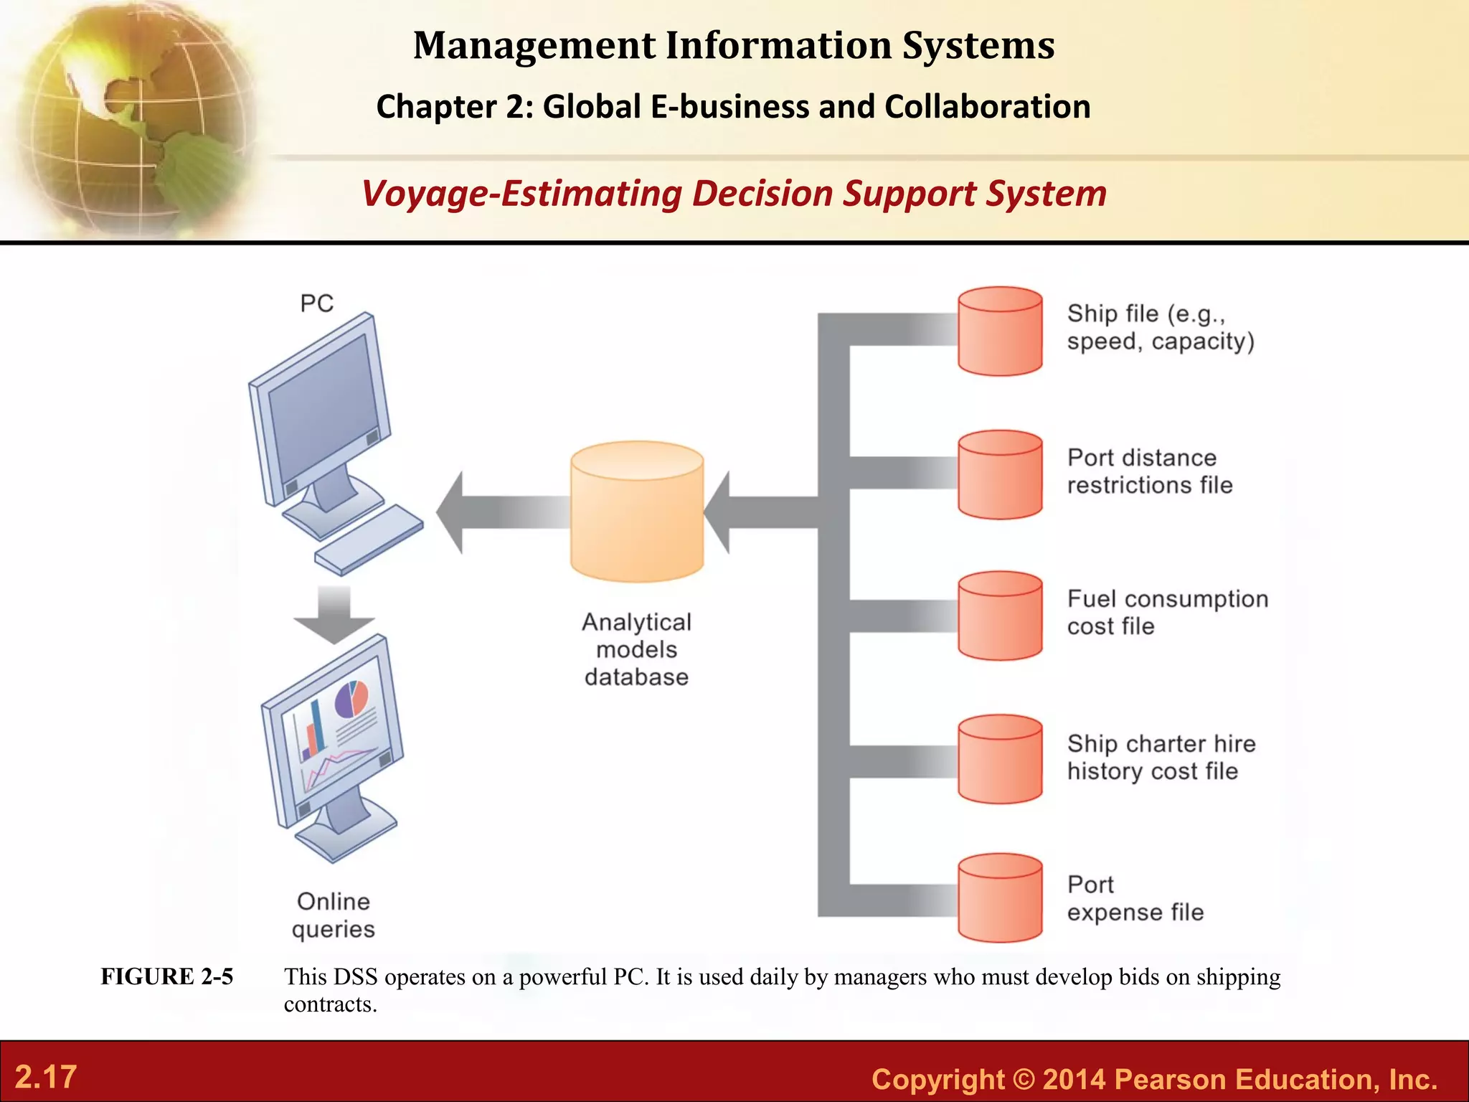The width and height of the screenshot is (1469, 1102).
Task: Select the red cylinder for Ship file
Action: [1000, 331]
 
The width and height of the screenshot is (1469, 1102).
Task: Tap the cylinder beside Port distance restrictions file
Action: [1000, 474]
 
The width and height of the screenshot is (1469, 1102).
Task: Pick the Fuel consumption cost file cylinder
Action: [1000, 616]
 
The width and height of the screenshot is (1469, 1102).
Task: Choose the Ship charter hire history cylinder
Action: [1000, 759]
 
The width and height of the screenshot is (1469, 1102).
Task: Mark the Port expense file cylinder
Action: [1000, 898]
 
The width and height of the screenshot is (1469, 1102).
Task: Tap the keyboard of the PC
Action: [369, 540]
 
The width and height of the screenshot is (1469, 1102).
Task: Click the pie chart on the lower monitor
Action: [351, 698]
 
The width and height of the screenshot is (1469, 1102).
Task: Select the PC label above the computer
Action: [316, 303]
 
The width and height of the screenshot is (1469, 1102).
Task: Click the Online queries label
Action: [334, 915]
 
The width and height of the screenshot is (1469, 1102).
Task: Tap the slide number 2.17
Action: [46, 1077]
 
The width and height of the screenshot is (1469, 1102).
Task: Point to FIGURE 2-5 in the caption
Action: [166, 976]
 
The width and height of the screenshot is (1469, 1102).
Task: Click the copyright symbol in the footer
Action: [1023, 1079]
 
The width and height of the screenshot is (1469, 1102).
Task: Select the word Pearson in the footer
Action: [1168, 1079]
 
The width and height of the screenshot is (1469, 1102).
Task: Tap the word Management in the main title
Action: [534, 45]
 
